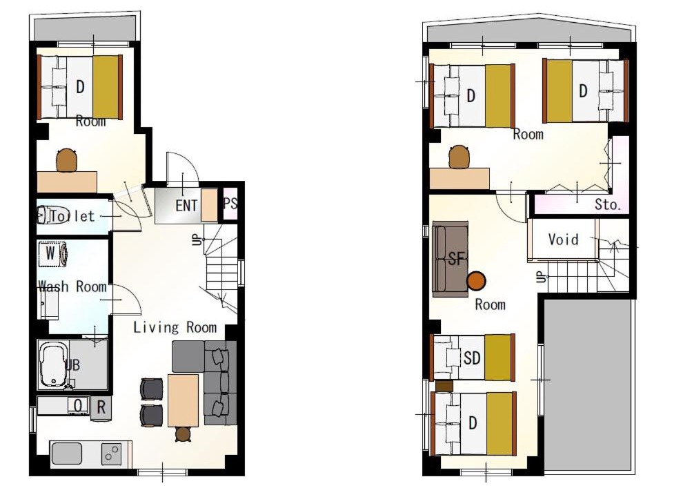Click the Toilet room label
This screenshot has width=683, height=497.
pos(72,216)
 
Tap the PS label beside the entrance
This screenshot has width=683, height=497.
pos(230,203)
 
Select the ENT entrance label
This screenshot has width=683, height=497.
pos(186,206)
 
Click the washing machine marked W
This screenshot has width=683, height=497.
pos(52,253)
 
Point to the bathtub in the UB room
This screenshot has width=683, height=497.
pos(53,365)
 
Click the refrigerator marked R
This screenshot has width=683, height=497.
pos(101,408)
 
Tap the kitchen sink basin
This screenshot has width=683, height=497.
pos(67,454)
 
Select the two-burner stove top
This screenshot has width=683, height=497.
pos(112,454)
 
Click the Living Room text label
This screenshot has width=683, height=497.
pos(175,327)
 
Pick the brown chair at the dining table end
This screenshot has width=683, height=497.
pos(183,434)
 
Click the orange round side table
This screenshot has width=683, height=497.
pos(477,281)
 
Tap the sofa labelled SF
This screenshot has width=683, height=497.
pos(451,260)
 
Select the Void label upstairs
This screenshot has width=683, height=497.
pos(563,240)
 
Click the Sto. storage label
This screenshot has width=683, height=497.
pos(608,204)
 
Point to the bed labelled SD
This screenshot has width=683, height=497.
pos(473,357)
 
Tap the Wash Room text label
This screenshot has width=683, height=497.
pos(72,286)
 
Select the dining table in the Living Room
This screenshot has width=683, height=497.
pos(184,400)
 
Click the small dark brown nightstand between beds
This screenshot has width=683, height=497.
pos(444,387)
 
